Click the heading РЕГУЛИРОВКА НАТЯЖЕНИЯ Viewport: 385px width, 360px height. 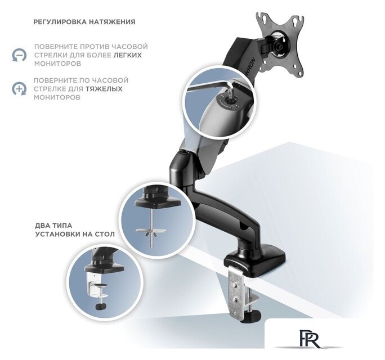point(84,22)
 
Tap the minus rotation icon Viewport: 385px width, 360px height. point(19,55)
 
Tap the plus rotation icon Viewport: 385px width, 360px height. point(19,88)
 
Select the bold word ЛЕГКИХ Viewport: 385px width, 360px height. point(127,55)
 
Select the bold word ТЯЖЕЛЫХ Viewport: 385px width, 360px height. point(104,88)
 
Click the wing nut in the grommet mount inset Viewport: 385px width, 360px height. point(151,232)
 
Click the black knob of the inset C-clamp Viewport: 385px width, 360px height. point(100,307)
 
